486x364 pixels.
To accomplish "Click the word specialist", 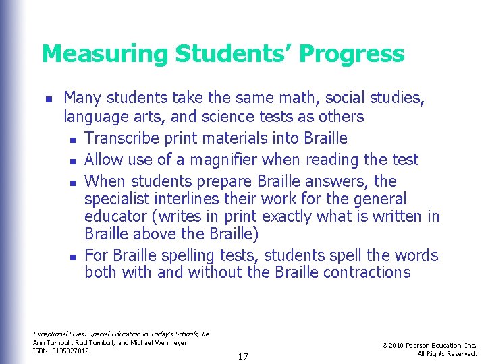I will pos(117,199).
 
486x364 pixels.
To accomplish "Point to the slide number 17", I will pos(243,356).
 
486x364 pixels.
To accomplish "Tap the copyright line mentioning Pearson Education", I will pos(429,345).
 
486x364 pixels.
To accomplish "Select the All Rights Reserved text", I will pos(447,353).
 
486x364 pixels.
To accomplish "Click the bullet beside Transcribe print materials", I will pos(72,140).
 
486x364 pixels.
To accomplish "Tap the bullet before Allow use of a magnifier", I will pos(72,161).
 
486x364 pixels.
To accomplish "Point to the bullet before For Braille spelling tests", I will pos(72,257).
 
